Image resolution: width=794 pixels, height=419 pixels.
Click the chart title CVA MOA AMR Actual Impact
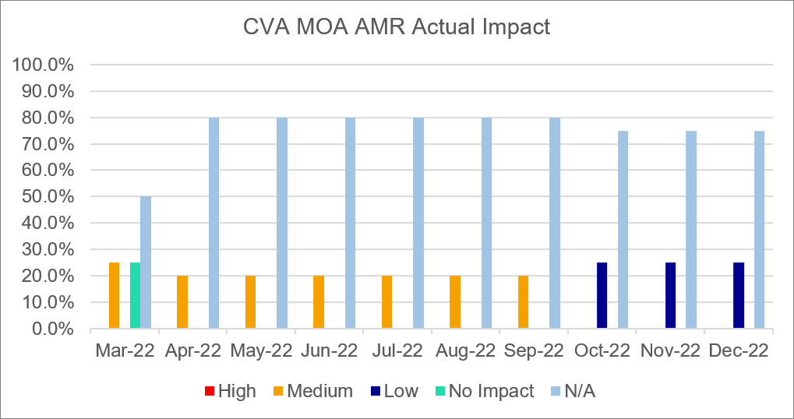coord(397,27)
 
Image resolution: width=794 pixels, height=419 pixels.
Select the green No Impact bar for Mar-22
coord(135,296)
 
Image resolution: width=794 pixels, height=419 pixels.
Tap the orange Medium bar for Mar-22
coord(115,296)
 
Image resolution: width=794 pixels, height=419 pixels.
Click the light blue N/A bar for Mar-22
coord(146,262)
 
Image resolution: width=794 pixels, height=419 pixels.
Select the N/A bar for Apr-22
coord(213,224)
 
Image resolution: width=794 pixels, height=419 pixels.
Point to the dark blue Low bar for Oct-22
coord(602,296)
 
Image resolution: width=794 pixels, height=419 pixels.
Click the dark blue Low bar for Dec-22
coord(739,296)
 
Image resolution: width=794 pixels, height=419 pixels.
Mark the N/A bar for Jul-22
coord(418,224)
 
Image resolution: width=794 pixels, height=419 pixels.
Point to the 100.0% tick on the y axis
coord(44,65)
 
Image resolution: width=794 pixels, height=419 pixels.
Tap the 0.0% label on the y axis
coord(51,329)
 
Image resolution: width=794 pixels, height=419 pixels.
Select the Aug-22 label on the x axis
coord(464,350)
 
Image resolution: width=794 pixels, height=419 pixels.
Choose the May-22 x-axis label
coord(260,350)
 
